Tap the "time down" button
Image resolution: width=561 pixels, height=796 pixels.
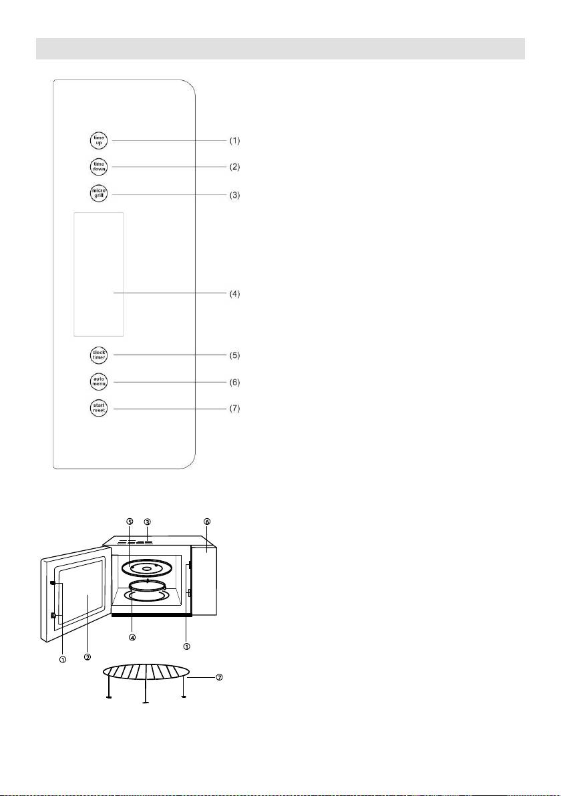[99, 166]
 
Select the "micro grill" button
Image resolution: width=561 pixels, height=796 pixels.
[99, 194]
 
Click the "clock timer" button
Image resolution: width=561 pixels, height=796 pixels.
[99, 355]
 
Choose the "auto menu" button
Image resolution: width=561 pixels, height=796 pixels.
[99, 383]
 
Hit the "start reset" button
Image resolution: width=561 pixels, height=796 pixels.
[99, 408]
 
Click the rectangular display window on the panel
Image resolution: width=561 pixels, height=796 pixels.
[99, 274]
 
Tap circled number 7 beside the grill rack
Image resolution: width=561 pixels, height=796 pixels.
[219, 677]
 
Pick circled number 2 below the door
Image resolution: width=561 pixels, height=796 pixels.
[87, 657]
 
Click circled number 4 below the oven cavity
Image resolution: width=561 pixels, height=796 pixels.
[132, 637]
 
